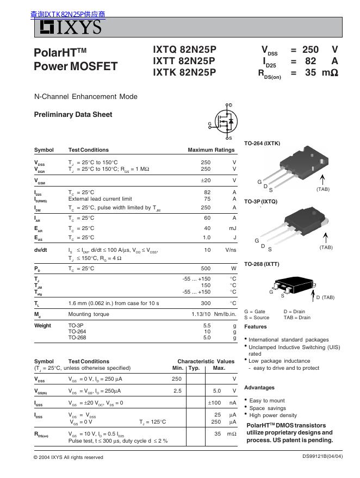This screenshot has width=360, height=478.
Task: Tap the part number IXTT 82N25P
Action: [x=184, y=60]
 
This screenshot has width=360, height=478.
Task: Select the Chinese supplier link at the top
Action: [x=68, y=14]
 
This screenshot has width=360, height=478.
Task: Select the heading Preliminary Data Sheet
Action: [x=73, y=114]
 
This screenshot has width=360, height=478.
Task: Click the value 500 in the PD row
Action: [x=205, y=269]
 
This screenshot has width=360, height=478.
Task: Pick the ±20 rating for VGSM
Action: [x=205, y=181]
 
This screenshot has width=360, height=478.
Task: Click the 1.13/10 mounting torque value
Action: [x=201, y=314]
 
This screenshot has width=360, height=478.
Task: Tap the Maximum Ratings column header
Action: [x=211, y=150]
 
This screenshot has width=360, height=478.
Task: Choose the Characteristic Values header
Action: [x=206, y=361]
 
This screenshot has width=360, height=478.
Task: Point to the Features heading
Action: [x=256, y=327]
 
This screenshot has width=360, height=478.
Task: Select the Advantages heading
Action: [x=259, y=388]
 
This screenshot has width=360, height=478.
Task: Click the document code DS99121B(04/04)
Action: [x=322, y=456]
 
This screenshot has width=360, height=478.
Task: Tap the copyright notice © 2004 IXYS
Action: [x=69, y=457]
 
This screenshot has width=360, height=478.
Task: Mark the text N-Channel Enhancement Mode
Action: [x=86, y=97]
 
